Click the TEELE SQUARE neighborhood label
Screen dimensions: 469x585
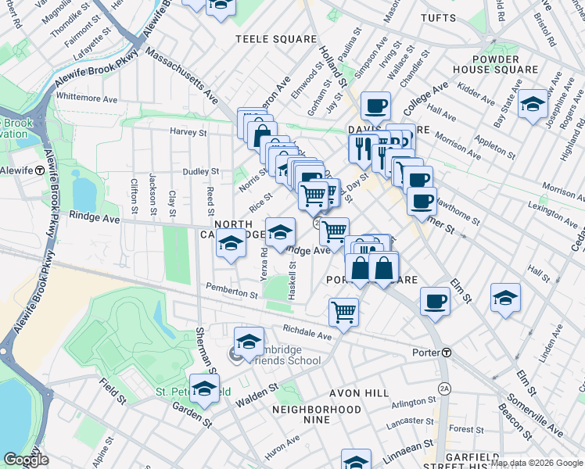click(278, 38)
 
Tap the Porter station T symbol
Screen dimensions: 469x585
click(446, 353)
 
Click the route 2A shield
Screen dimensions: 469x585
click(445, 387)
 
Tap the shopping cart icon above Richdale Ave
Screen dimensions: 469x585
click(343, 311)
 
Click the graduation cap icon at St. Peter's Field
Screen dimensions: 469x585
click(204, 388)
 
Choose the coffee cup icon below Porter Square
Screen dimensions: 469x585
click(435, 300)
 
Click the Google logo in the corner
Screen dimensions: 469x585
click(26, 460)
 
